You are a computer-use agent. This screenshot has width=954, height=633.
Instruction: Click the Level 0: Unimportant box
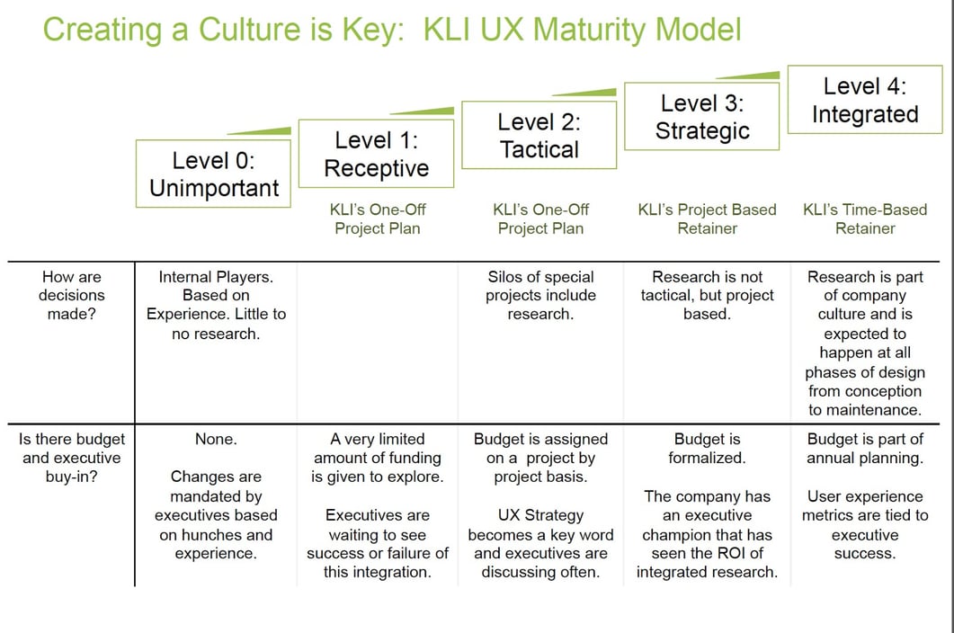(214, 174)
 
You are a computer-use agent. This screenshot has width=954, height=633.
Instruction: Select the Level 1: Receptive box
(376, 155)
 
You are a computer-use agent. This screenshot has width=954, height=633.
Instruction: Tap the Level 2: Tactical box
(539, 136)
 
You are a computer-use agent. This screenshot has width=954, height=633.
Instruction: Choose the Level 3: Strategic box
(702, 117)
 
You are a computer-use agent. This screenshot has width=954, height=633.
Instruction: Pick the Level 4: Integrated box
(865, 100)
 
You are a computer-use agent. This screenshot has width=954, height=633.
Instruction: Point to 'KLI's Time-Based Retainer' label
(865, 218)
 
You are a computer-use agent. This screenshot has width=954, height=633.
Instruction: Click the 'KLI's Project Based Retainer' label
(707, 218)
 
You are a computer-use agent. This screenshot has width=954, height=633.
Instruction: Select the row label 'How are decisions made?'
(71, 295)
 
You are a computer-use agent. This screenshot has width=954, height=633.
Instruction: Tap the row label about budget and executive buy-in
(71, 458)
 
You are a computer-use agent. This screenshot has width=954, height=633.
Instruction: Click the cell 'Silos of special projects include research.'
(540, 295)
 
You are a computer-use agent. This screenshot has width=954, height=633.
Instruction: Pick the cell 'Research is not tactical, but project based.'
(707, 295)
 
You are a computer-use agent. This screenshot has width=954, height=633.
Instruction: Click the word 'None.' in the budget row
(216, 439)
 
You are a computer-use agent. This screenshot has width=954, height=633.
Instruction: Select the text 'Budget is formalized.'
(707, 449)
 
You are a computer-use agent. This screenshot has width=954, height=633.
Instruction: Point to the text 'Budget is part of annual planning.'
(865, 449)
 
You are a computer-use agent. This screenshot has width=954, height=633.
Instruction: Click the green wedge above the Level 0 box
(261, 131)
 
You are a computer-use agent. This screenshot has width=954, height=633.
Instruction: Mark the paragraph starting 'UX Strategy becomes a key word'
(540, 544)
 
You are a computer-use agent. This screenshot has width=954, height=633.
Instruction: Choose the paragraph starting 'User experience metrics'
(865, 525)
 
